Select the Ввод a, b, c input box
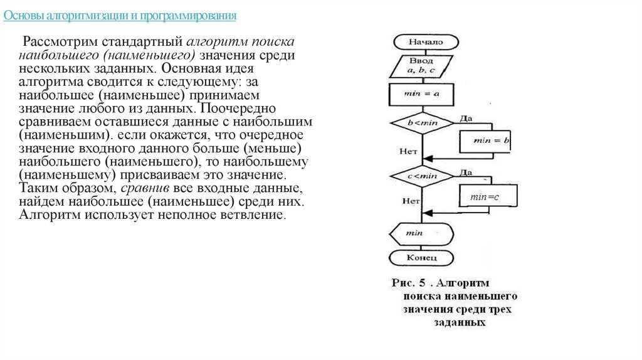(421, 66)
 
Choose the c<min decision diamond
(422, 176)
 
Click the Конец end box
(421, 258)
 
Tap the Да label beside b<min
(465, 118)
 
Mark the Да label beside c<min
(465, 172)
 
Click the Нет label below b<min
(408, 151)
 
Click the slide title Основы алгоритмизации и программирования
(120, 15)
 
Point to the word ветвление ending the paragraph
(257, 215)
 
